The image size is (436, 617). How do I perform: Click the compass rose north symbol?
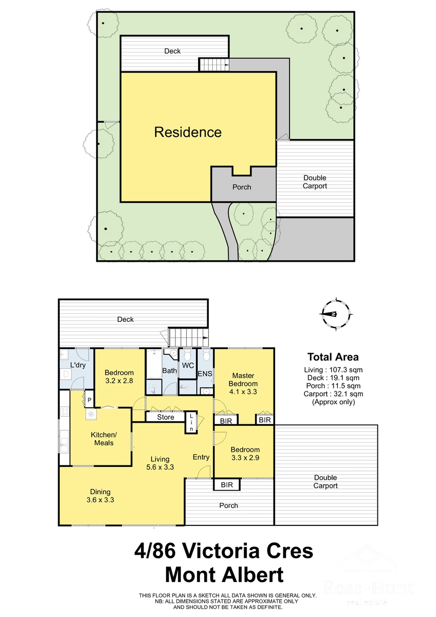click(336, 314)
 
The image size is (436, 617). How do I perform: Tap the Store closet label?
click(166, 417)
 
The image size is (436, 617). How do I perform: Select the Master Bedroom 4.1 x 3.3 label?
click(243, 384)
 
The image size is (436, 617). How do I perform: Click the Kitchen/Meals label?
click(104, 439)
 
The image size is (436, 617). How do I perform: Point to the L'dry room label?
click(78, 365)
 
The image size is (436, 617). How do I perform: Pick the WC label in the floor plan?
click(188, 366)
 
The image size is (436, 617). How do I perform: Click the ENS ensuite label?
click(205, 374)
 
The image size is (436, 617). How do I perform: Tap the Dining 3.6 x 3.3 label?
click(100, 496)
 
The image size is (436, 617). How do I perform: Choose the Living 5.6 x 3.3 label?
click(160, 463)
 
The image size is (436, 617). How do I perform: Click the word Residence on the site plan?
click(188, 132)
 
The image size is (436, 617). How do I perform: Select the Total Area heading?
click(333, 357)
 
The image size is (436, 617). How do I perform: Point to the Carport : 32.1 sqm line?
click(333, 394)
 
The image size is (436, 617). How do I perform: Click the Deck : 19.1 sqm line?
click(333, 378)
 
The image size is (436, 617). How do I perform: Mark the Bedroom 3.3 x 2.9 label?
click(245, 453)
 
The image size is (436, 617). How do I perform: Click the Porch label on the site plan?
click(242, 187)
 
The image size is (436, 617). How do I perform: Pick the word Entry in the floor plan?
click(201, 457)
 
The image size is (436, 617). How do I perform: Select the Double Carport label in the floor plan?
click(325, 481)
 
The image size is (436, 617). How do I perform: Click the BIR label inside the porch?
click(227, 484)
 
